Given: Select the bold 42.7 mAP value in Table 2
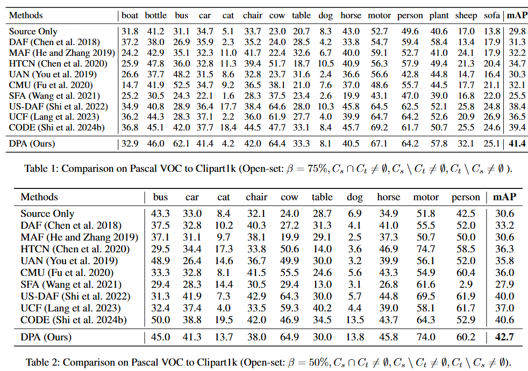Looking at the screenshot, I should pos(503,337).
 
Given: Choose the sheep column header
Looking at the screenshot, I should pos(466,15).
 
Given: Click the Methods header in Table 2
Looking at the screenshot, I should pos(39,197).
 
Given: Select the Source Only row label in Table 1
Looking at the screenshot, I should pos(33,32).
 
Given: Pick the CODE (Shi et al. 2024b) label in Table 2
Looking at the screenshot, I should pos(71,321).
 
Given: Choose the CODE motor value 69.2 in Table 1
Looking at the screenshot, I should pos(379,127).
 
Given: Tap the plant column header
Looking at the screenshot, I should pos(439,15).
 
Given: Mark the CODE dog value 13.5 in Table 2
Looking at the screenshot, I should pos(354,321).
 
